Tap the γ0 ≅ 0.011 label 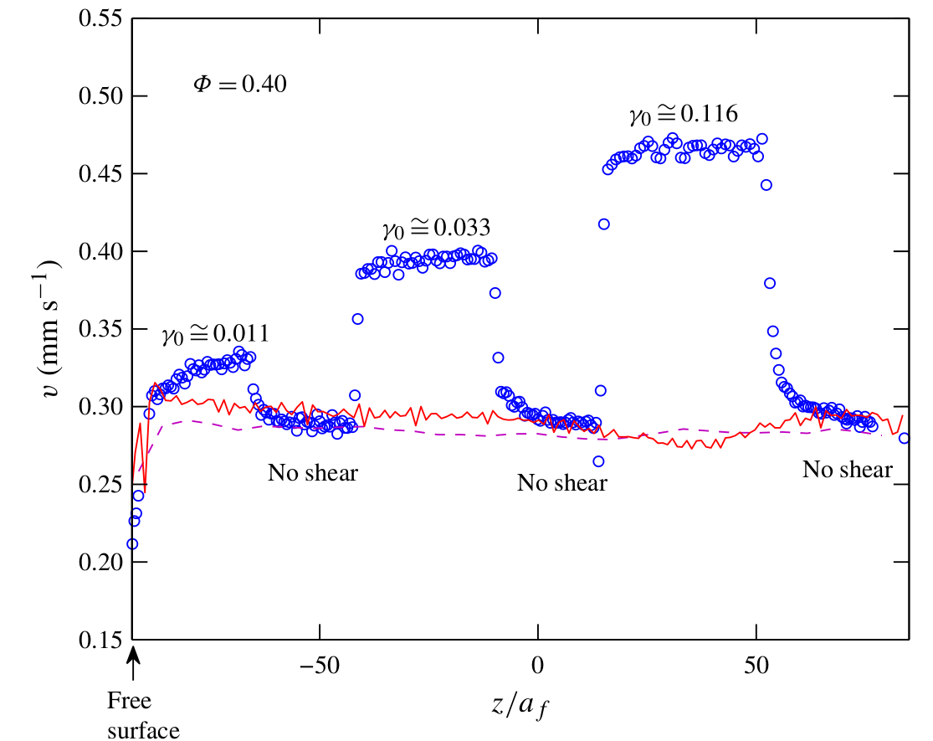tap(216, 335)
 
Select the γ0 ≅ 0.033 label tap(436, 228)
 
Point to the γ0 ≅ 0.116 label tap(684, 115)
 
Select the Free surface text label tap(144, 717)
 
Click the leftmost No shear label tap(313, 473)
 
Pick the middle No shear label tap(562, 483)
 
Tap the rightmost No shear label tap(847, 470)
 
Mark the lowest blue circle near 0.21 tap(132, 544)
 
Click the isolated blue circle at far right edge tap(905, 438)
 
